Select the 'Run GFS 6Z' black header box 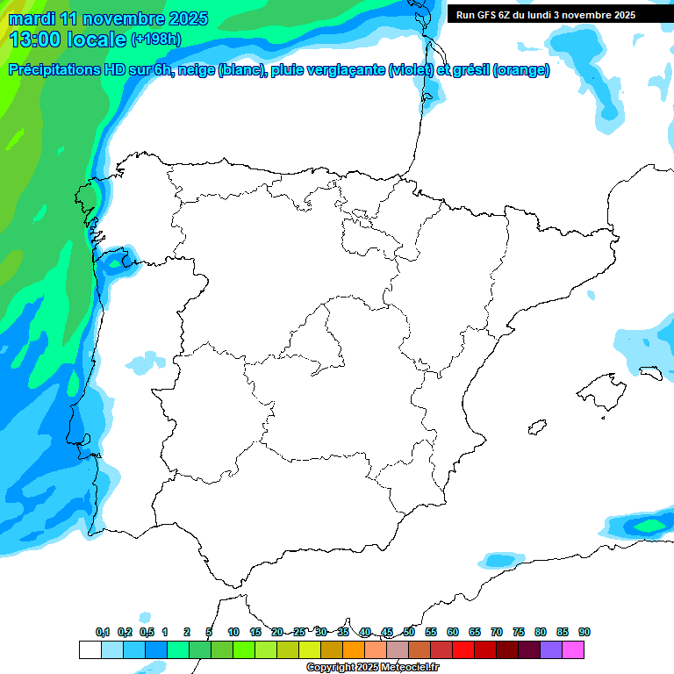click(554, 15)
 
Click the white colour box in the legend click(90, 650)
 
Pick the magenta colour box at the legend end click(573, 650)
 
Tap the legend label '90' click(584, 632)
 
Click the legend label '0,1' click(103, 632)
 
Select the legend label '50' click(409, 632)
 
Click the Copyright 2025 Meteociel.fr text click(372, 668)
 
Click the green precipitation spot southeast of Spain click(650, 525)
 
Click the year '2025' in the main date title click(188, 18)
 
